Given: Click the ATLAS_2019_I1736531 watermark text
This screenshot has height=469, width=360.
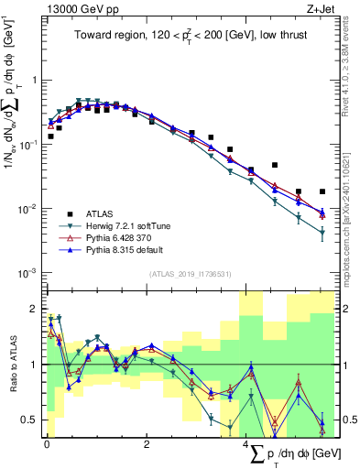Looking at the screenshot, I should click(191, 274).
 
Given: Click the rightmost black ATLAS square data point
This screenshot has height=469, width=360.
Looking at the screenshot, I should click(322, 191).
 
